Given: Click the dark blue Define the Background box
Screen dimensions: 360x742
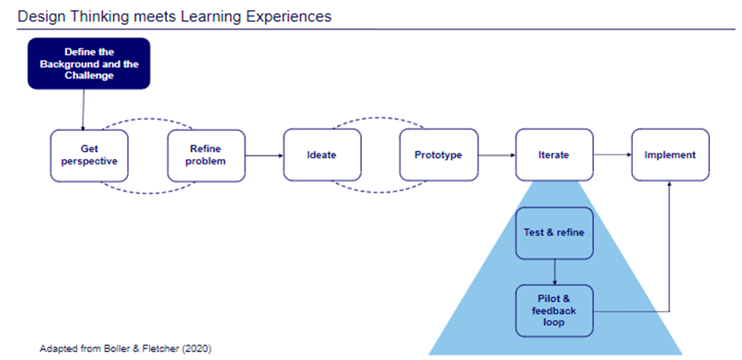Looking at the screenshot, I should point(89,64).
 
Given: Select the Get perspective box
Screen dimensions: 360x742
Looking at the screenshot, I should point(89,155).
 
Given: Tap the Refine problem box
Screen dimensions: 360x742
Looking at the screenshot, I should point(207,155).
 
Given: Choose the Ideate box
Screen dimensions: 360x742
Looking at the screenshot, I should point(322,155).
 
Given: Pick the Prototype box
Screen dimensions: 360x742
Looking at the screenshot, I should point(438,155).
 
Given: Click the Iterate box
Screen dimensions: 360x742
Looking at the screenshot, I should point(553,155).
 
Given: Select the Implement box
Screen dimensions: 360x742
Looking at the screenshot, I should point(670,155).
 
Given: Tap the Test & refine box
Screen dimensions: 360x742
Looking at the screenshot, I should point(554,232).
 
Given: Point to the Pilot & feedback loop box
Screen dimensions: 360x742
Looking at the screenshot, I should point(554,311).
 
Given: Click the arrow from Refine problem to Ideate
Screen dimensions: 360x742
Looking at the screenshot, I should point(264,156).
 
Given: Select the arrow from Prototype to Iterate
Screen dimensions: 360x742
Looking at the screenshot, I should point(496,156).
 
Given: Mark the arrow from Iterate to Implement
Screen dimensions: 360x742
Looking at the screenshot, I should point(612,156).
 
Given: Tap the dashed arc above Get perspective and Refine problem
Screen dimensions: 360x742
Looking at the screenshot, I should point(147,120).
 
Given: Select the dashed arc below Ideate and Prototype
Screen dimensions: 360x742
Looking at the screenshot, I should point(380,190).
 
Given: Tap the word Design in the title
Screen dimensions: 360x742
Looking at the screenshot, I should point(36,16).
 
